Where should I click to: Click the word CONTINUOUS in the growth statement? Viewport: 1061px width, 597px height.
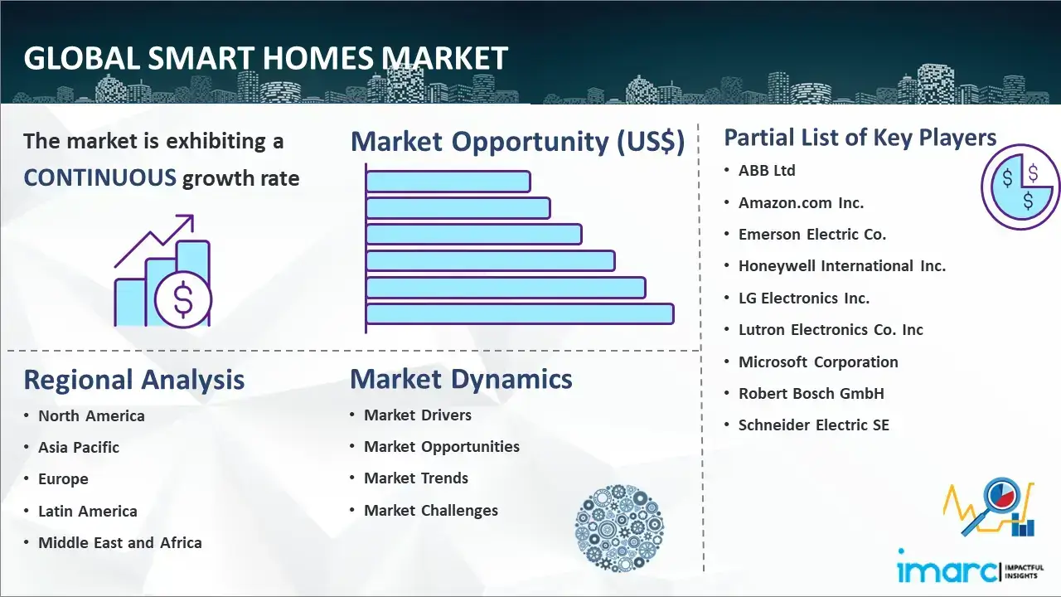tap(100, 178)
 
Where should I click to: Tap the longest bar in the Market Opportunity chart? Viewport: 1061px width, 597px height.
tap(520, 314)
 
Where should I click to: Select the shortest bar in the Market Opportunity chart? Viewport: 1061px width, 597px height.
tap(448, 182)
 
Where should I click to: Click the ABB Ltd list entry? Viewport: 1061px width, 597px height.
tap(767, 171)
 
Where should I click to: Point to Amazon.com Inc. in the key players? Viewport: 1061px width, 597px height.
tap(801, 203)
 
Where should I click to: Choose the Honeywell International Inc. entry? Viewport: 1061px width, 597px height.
tap(842, 266)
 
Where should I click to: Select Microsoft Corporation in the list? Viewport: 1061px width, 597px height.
tap(818, 362)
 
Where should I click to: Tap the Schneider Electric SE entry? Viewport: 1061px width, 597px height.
tap(814, 425)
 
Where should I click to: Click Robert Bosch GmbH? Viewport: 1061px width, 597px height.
tap(811, 393)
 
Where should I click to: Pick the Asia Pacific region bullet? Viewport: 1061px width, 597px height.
tap(79, 447)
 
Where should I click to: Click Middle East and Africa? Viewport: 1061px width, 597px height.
tap(120, 542)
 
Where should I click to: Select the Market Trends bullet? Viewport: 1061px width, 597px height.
tap(416, 478)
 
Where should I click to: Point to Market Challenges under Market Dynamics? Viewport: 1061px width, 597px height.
tap(431, 510)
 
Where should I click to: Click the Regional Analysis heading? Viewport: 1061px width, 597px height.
tap(134, 380)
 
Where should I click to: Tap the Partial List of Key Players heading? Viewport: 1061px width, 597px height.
tap(860, 138)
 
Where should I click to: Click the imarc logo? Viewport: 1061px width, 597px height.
tap(970, 567)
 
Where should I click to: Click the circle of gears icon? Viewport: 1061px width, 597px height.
tap(619, 528)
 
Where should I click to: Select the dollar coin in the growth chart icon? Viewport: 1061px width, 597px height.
tap(183, 299)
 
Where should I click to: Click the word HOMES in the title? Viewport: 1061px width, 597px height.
tap(317, 58)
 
